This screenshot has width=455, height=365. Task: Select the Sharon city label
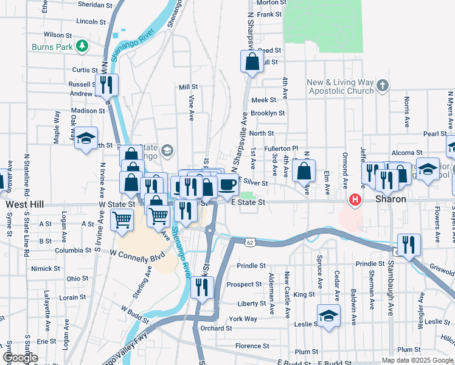pyautogui.click(x=390, y=200)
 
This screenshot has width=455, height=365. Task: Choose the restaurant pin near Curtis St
pyautogui.click(x=107, y=85)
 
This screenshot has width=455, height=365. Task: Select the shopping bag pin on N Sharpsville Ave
pyautogui.click(x=252, y=62)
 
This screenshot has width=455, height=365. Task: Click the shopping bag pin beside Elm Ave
pyautogui.click(x=304, y=171)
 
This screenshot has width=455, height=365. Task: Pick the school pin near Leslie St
pyautogui.click(x=328, y=316)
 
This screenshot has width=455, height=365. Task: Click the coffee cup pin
pyautogui.click(x=227, y=184)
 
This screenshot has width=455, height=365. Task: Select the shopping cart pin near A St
pyautogui.click(x=122, y=220)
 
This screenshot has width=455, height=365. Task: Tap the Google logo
pyautogui.click(x=19, y=358)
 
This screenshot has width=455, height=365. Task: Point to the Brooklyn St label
pyautogui.click(x=268, y=113)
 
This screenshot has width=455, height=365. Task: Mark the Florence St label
pyautogui.click(x=248, y=346)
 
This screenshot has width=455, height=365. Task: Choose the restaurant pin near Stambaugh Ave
pyautogui.click(x=409, y=245)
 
